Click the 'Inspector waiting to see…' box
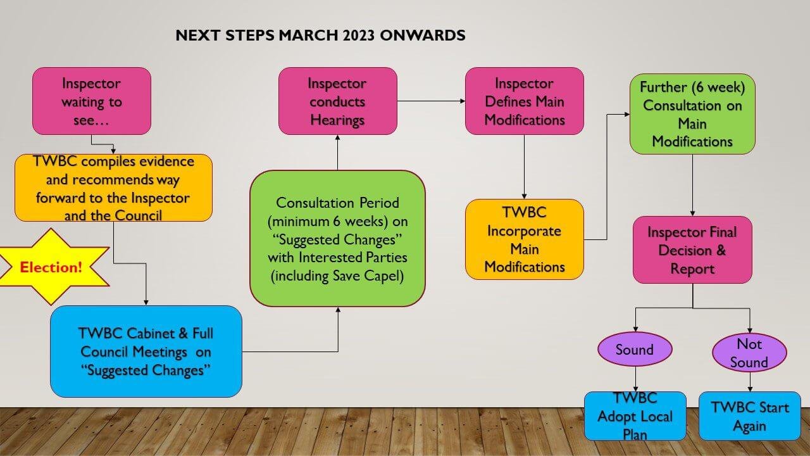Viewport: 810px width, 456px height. [x=92, y=101]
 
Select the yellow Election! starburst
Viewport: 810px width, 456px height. [x=51, y=267]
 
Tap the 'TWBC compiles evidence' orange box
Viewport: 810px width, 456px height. [x=113, y=188]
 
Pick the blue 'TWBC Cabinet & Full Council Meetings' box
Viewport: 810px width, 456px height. [x=146, y=351]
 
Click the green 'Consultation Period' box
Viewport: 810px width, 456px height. [x=337, y=239]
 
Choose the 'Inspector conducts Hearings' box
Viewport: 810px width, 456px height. [x=337, y=101]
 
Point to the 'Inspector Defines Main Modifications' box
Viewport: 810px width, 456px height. [x=525, y=101]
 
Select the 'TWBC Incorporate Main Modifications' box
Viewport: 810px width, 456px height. [x=525, y=239]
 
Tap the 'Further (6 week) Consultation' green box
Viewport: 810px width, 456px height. [x=692, y=114]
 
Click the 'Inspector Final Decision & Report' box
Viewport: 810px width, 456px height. [x=692, y=250]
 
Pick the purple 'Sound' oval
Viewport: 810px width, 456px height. [x=635, y=349]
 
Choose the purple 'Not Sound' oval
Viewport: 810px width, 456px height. [x=749, y=353]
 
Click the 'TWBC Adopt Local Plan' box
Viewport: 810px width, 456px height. [x=635, y=416]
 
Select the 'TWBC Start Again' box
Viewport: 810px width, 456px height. [x=750, y=416]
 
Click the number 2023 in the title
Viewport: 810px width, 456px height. [x=359, y=35]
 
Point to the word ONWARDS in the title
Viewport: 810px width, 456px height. [x=422, y=35]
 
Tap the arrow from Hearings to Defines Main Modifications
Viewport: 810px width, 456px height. [x=431, y=101]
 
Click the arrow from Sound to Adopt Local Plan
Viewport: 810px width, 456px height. [x=635, y=379]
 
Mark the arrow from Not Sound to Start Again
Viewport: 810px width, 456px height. [x=750, y=382]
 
